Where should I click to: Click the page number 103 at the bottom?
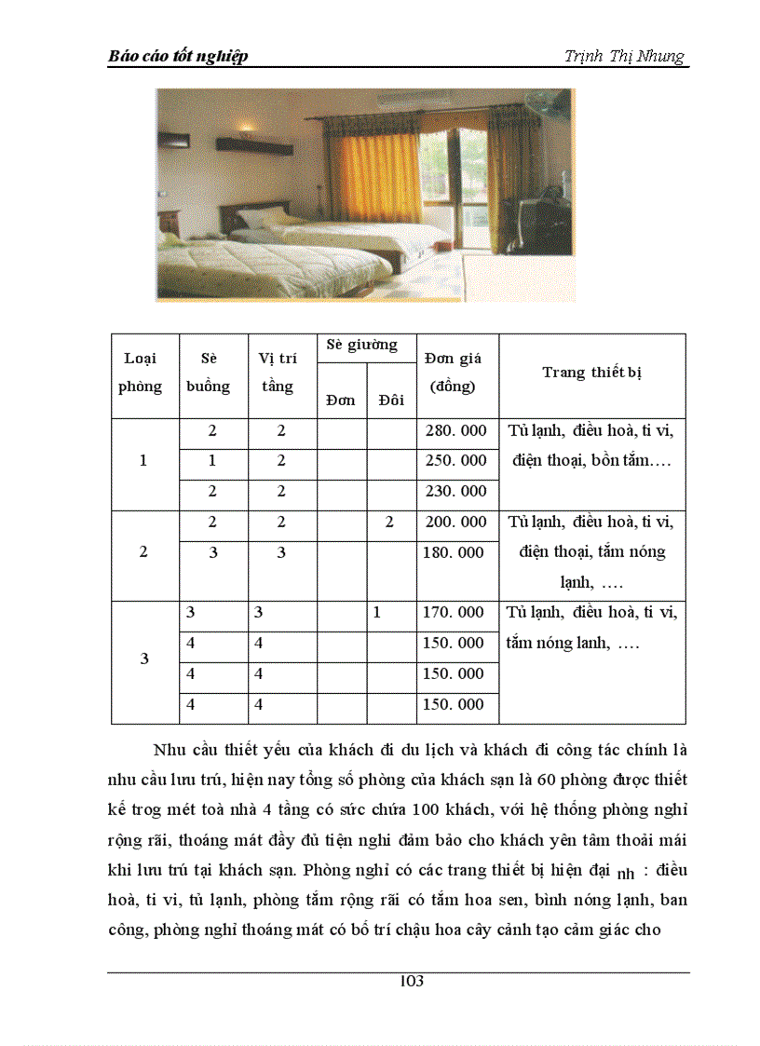[411, 981]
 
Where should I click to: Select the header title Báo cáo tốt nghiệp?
[178, 57]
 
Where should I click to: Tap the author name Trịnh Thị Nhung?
[624, 56]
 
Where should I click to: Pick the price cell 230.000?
[455, 491]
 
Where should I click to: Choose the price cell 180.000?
[455, 552]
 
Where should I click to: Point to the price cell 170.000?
[455, 612]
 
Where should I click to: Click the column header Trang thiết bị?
[592, 373]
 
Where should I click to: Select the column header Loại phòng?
[141, 373]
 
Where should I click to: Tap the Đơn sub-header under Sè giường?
[341, 400]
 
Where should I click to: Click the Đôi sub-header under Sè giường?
[391, 400]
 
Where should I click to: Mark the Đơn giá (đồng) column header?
[454, 373]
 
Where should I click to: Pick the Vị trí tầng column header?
[277, 373]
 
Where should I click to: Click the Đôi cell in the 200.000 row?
[389, 522]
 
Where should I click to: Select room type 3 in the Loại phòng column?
[143, 659]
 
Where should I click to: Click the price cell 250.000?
[455, 460]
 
